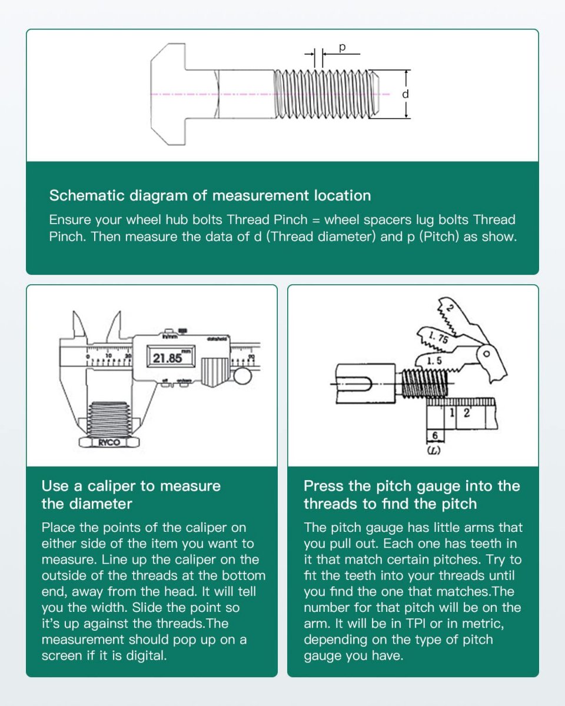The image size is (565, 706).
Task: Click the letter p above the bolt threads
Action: pos(342,46)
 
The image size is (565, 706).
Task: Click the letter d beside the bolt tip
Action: pos(405,94)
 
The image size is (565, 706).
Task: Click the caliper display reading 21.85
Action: pos(167,358)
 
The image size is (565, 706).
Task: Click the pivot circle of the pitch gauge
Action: pos(487,355)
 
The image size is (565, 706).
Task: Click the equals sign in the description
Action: pos(316,221)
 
